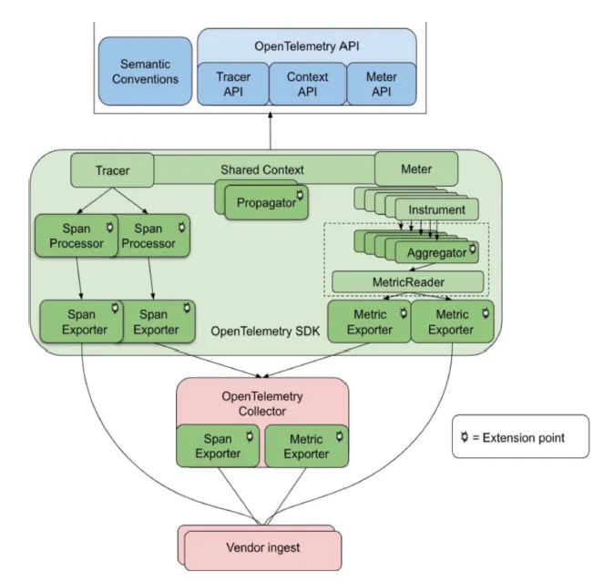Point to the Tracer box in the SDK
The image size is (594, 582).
click(113, 169)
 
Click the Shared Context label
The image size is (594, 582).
click(262, 169)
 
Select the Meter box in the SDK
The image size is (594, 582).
click(416, 169)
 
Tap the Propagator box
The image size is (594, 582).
click(266, 203)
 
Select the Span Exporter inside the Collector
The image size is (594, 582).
click(218, 445)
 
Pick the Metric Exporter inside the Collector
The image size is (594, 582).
click(306, 445)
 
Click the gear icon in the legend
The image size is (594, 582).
click(466, 437)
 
